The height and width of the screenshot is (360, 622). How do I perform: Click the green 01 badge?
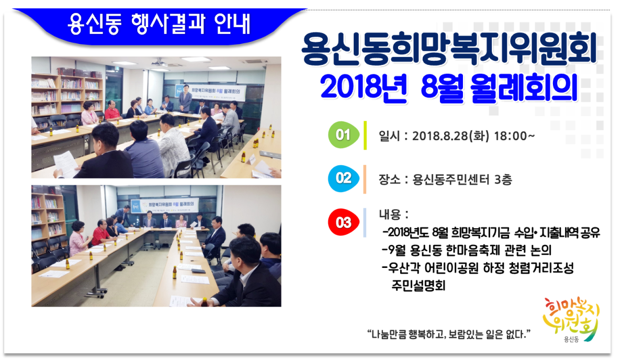[344, 135]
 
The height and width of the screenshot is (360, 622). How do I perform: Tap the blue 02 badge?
[344, 178]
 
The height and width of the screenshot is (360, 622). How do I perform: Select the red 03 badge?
[344, 222]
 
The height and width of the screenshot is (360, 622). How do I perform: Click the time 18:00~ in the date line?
[514, 136]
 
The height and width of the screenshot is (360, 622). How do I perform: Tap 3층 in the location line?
[503, 179]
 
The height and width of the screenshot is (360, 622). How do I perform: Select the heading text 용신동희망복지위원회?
[449, 49]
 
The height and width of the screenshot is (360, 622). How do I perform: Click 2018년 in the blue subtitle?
[364, 87]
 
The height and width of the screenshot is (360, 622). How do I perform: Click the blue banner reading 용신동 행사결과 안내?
[159, 24]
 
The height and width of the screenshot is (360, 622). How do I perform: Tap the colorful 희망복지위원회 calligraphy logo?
[571, 319]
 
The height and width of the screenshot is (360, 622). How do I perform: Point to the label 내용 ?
[393, 215]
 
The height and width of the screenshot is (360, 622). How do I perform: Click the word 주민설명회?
[418, 285]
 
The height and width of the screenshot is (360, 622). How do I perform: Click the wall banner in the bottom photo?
[165, 205]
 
